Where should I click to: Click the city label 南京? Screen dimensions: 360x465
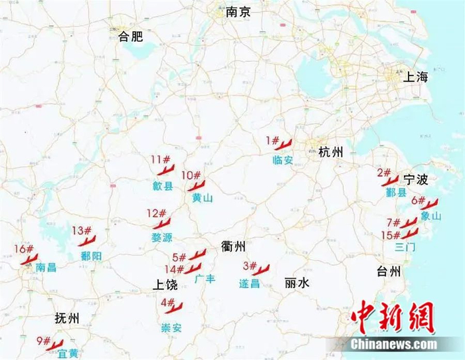tap(238, 12)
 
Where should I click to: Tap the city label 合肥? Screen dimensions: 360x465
tap(131, 37)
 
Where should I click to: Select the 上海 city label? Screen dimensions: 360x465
tap(417, 77)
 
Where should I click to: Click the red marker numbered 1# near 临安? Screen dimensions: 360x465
tap(284, 144)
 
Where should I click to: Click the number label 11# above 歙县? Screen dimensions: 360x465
tap(160, 159)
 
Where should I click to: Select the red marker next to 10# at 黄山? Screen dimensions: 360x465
tap(196, 185)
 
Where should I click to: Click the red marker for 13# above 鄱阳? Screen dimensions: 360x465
tap(87, 240)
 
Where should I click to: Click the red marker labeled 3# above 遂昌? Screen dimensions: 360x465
tap(260, 270)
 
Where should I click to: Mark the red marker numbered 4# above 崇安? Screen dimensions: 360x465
tap(174, 307)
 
